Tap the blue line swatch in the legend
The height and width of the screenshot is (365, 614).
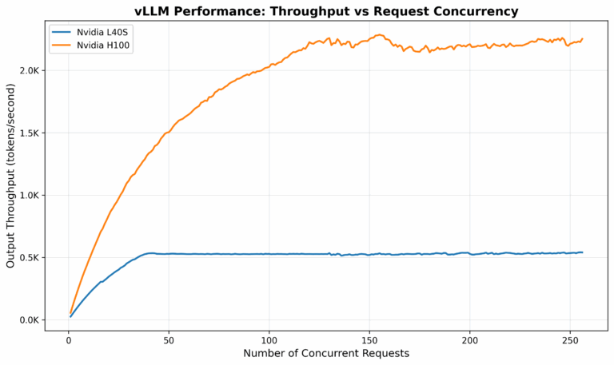click(62, 32)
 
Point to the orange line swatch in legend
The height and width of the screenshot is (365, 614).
click(62, 46)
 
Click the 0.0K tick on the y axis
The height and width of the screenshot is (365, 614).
click(30, 320)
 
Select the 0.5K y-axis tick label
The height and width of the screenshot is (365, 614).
click(30, 258)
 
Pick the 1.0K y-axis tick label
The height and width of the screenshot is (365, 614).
click(30, 196)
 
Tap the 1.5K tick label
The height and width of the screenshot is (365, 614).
click(30, 133)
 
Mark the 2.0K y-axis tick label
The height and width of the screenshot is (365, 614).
click(30, 70)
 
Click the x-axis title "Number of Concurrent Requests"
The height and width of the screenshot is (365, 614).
click(326, 353)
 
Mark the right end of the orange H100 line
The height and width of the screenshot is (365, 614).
click(582, 38)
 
